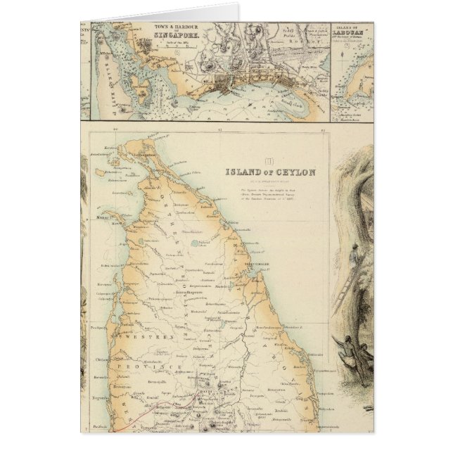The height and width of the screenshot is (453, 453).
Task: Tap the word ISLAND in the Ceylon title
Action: pos(241,171)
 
